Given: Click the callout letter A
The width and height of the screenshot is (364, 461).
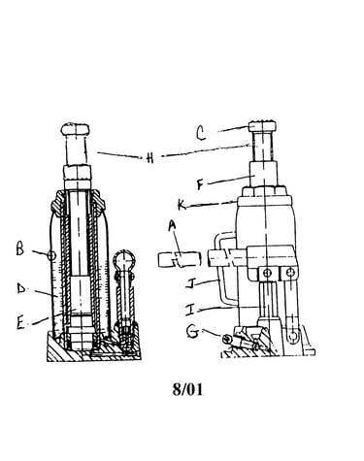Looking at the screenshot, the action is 173,225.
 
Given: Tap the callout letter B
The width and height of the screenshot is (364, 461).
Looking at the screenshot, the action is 20,249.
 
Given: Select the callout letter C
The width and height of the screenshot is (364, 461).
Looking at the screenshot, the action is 201,133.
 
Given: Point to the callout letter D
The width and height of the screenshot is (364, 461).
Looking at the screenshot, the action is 21,288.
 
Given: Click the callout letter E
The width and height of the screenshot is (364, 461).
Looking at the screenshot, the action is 20,323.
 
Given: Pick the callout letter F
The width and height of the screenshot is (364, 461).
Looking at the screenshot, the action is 201,184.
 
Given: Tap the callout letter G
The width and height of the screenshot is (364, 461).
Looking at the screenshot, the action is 193,332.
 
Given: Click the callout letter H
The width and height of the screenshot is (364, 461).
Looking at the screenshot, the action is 149,158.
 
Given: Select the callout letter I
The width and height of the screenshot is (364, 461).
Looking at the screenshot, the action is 190,310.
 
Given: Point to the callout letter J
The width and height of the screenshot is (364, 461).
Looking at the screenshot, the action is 190,283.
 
